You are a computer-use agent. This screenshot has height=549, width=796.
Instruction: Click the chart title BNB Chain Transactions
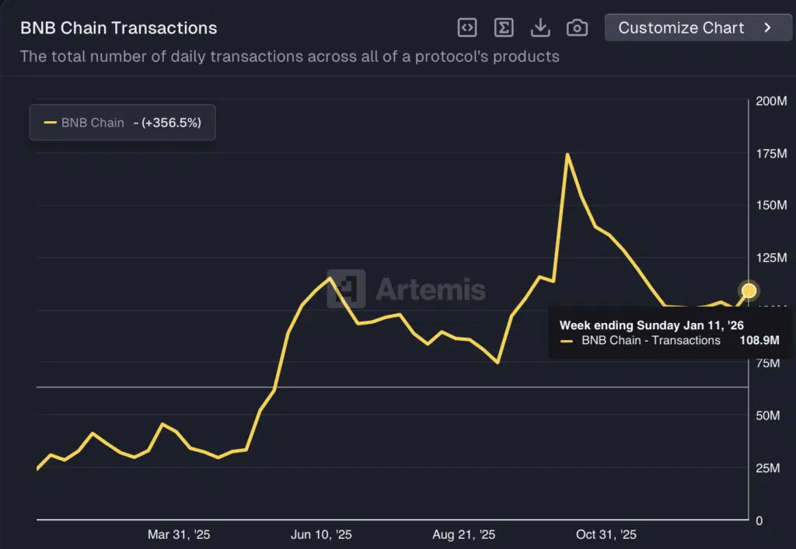coord(119,29)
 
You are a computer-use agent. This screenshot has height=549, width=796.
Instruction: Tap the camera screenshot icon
coord(577,28)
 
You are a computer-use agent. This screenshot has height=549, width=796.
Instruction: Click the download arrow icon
coord(540,28)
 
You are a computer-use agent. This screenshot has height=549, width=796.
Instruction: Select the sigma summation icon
coord(504,28)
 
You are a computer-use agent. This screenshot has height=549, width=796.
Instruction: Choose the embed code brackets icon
coord(466,28)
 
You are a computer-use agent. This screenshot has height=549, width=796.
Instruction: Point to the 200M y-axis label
coord(770,102)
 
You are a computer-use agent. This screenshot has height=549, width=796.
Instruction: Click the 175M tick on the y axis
coord(770,154)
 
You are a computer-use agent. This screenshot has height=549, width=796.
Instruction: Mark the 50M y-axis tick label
coord(768,415)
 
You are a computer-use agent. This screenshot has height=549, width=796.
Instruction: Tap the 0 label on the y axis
coord(759,520)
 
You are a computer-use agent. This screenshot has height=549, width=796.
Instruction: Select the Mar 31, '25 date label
coord(179,535)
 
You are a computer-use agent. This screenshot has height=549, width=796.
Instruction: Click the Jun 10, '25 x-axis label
coord(321,535)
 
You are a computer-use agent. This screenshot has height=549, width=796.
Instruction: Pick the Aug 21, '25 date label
coord(464,535)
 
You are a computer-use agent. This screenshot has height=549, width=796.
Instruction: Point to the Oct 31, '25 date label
coord(606,535)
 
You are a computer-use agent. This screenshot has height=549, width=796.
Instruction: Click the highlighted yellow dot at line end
coord(749,290)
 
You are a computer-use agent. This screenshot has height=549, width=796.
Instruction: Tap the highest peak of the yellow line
coord(567,155)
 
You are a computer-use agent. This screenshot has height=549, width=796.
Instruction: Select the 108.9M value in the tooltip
coord(759,340)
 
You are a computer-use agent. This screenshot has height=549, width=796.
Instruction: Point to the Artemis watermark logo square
coord(346,290)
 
